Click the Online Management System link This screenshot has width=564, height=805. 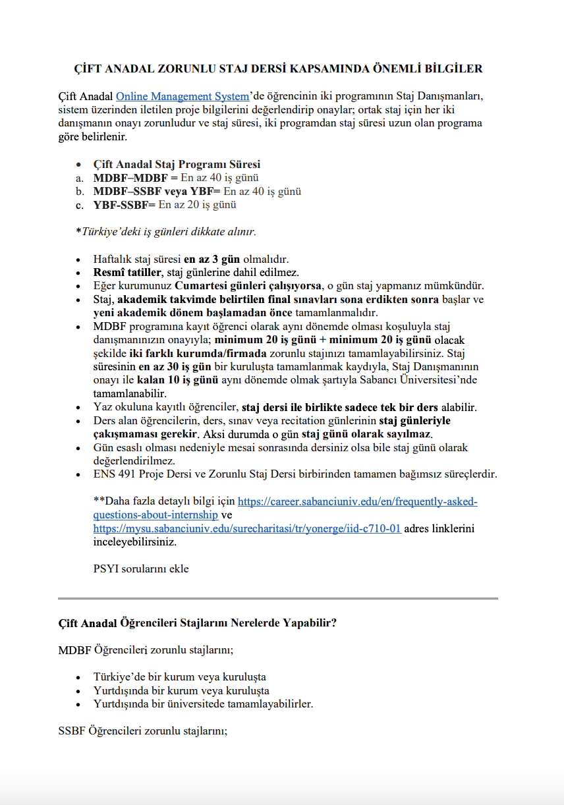click(x=183, y=97)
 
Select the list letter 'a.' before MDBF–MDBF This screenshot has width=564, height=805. click(x=79, y=178)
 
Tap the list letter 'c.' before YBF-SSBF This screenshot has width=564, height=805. click(x=79, y=205)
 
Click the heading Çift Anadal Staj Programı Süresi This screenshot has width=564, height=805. click(x=177, y=165)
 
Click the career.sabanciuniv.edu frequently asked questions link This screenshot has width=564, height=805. click(x=357, y=502)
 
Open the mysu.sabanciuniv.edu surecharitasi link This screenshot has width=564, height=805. click(x=247, y=528)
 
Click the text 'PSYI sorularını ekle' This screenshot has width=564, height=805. click(x=141, y=569)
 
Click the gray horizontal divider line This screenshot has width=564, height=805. click(x=277, y=598)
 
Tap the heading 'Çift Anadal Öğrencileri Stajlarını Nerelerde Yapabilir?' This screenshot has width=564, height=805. click(x=198, y=623)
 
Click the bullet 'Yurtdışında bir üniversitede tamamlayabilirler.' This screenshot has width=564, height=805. click(x=203, y=704)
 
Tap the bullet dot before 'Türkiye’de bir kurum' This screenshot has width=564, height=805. click(x=79, y=677)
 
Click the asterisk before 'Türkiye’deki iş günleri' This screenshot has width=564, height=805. click(x=78, y=232)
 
